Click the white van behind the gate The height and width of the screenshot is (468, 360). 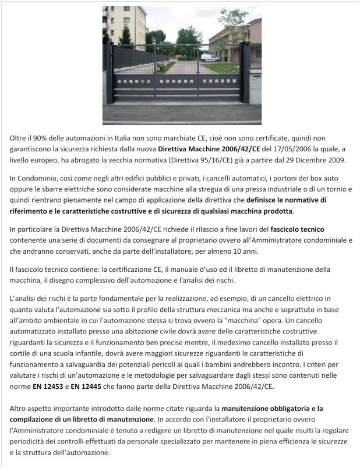tap(210, 58)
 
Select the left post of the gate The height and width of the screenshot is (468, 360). tap(109, 72)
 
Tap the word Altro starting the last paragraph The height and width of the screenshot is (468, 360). tap(20, 408)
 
